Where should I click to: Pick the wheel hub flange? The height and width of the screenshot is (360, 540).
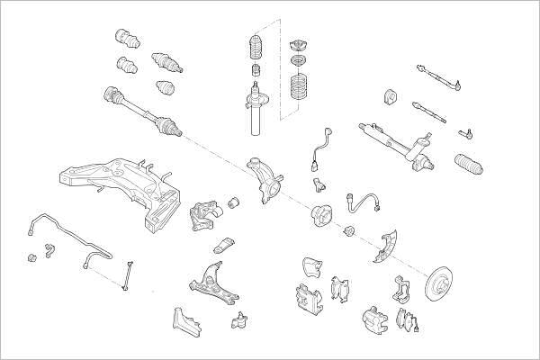[322, 217]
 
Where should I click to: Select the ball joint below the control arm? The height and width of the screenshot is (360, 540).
[240, 319]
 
